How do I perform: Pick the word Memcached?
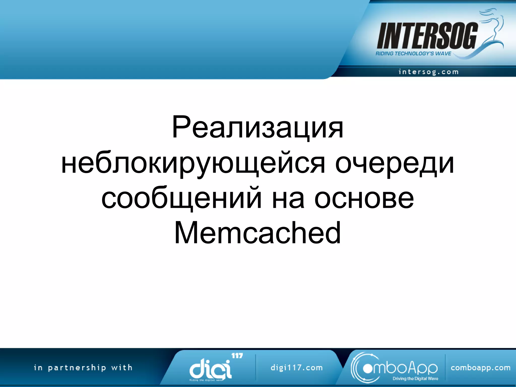click(257, 233)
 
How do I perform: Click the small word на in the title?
click(288, 199)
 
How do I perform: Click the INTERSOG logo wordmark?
click(427, 36)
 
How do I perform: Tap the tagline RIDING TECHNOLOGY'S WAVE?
click(413, 54)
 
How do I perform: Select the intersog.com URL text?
click(428, 72)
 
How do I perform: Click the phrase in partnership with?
click(83, 368)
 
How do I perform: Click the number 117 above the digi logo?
click(237, 356)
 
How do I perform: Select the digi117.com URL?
click(297, 368)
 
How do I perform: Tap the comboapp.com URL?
click(480, 368)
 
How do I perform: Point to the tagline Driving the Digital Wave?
click(415, 379)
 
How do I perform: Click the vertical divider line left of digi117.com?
click(255, 367)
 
